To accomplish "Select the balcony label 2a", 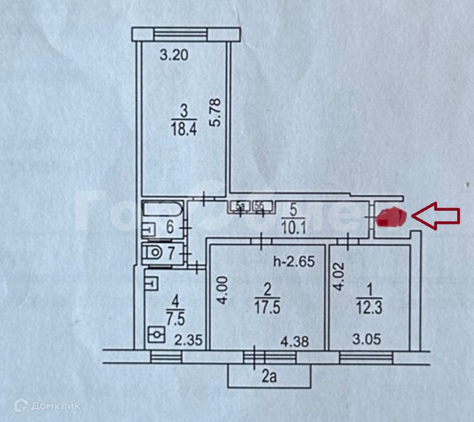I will click(x=269, y=376).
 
